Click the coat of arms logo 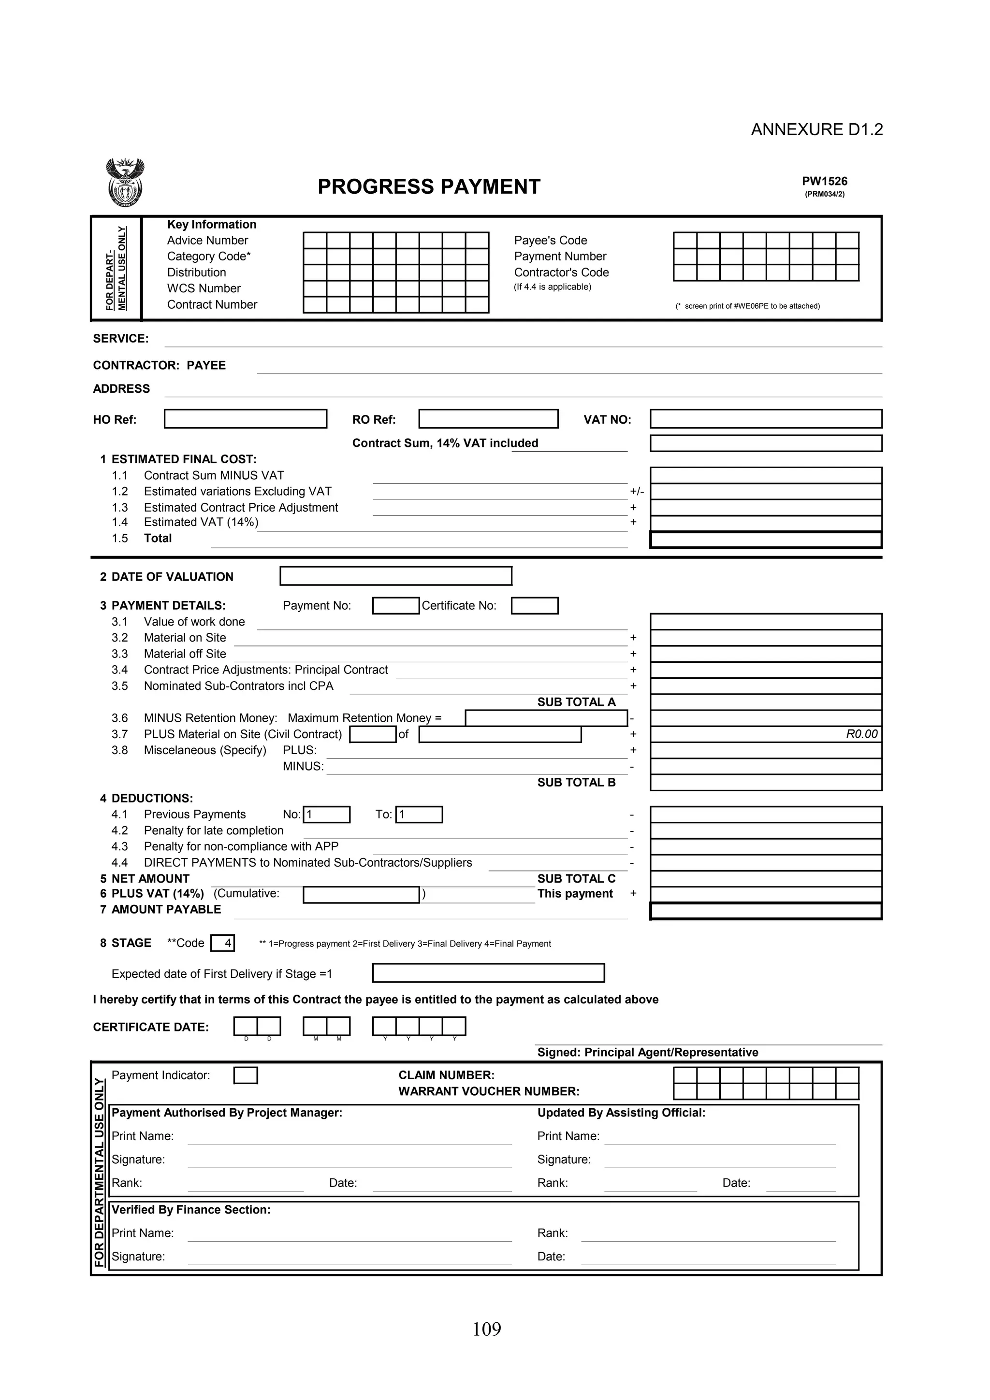coord(125,183)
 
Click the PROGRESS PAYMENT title coord(429,186)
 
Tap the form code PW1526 coord(824,181)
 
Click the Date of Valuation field coord(395,576)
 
